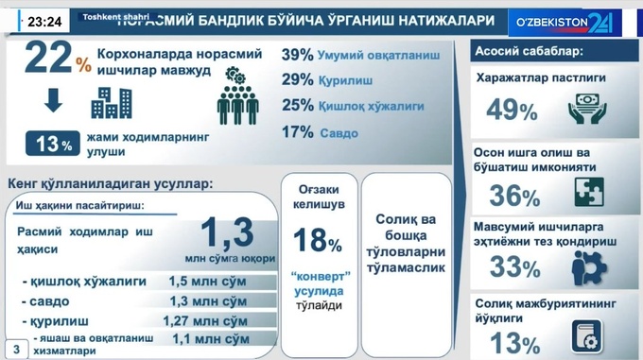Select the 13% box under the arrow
[x=52, y=145]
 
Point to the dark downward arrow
[x=52, y=101]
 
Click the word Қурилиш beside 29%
[x=346, y=81]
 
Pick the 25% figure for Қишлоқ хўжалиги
[x=298, y=106]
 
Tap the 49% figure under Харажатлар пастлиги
[x=512, y=111]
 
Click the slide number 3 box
[x=14, y=346]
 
